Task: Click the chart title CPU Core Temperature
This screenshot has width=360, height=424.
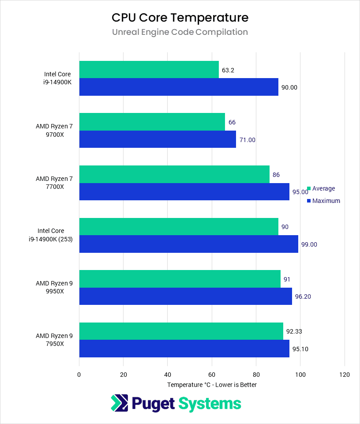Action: (x=180, y=17)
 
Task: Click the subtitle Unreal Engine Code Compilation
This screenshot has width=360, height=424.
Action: (x=180, y=32)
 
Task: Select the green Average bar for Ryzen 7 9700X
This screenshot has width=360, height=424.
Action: (x=152, y=122)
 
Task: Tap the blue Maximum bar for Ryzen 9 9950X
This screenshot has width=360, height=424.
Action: (x=186, y=296)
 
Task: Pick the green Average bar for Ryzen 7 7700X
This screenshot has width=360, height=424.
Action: (x=174, y=174)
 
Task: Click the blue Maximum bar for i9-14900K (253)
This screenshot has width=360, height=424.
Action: (x=189, y=244)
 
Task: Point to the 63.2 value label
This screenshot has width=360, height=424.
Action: (x=228, y=70)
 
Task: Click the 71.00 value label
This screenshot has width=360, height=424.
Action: (x=247, y=140)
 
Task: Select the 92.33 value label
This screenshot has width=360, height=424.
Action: (x=295, y=331)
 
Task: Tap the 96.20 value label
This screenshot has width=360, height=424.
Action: (x=303, y=296)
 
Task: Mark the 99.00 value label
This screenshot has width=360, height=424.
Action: (x=309, y=244)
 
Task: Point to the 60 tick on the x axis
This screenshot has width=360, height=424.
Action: (x=212, y=375)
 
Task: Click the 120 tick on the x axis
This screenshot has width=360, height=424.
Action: (x=344, y=375)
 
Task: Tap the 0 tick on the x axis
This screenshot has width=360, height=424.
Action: (x=79, y=375)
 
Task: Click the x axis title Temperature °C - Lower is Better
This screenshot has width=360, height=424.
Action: (x=212, y=385)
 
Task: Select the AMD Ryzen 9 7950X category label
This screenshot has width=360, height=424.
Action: (x=54, y=340)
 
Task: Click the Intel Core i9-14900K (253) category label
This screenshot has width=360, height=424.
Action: (x=54, y=235)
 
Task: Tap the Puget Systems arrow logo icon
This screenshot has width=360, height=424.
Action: (x=119, y=403)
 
